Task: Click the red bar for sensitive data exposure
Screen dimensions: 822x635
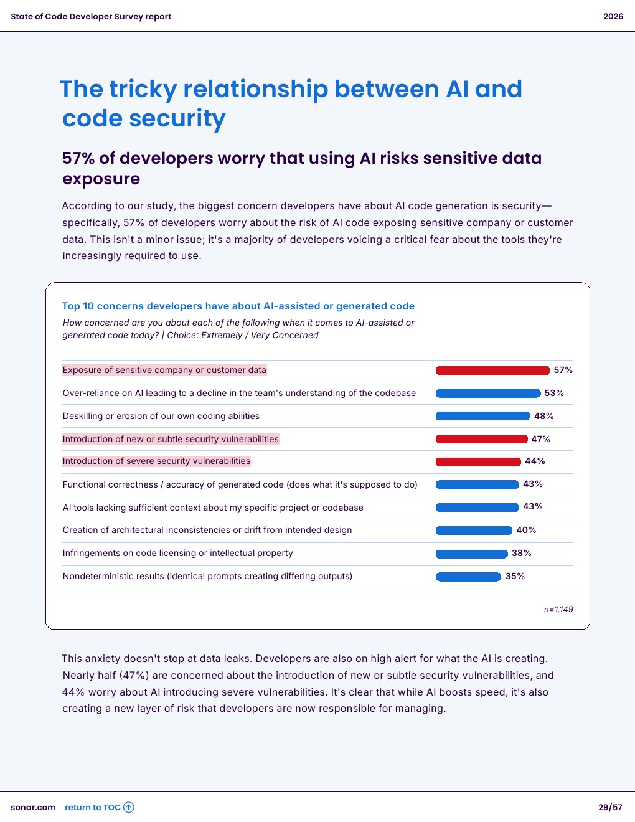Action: tap(492, 371)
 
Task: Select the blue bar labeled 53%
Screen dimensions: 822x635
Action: tap(488, 394)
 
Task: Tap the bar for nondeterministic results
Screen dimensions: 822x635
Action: tap(468, 577)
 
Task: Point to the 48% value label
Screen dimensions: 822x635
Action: tap(543, 416)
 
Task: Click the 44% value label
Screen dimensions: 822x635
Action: tap(535, 461)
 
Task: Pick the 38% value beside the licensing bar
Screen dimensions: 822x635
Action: tap(521, 553)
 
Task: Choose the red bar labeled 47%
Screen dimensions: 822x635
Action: tap(481, 439)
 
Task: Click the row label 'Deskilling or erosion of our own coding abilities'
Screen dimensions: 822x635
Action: tap(161, 416)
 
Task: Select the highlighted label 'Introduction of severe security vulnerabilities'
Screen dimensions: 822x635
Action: tap(156, 461)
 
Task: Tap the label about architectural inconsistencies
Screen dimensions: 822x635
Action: tap(207, 531)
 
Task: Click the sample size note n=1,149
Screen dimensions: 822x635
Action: tap(558, 610)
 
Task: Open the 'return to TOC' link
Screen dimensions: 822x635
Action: tap(93, 808)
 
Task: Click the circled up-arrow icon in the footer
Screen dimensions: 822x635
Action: tap(129, 808)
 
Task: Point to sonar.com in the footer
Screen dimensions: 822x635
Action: tap(33, 808)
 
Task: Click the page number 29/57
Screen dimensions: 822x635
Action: tap(610, 808)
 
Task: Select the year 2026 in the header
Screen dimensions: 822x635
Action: tap(613, 17)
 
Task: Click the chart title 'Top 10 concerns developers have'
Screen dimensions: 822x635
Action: tap(238, 306)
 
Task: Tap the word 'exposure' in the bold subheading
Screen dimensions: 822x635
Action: tap(101, 179)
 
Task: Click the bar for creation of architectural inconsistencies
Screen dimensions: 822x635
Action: tap(474, 531)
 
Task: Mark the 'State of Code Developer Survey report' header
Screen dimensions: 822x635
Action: tap(91, 17)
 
